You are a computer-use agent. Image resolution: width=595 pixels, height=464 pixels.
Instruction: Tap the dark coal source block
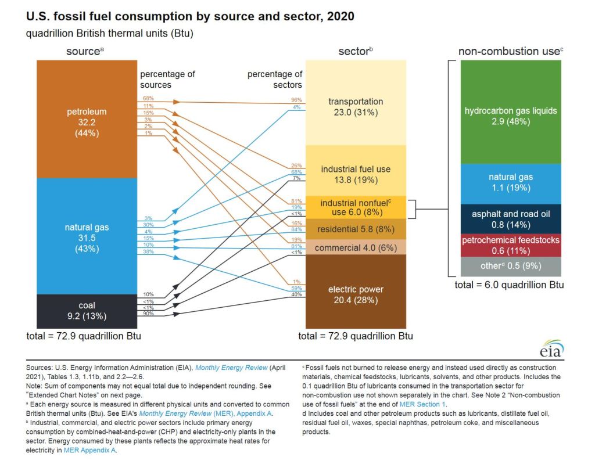pyautogui.click(x=86, y=311)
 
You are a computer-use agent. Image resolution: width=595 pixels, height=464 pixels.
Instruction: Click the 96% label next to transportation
pyautogui.click(x=297, y=100)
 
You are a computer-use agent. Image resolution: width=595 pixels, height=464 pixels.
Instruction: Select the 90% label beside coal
pyautogui.click(x=148, y=314)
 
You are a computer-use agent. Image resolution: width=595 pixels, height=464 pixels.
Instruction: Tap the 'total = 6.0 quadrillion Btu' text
pyautogui.click(x=510, y=285)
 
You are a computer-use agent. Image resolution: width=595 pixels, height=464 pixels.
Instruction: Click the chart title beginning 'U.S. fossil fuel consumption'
pyautogui.click(x=190, y=16)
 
